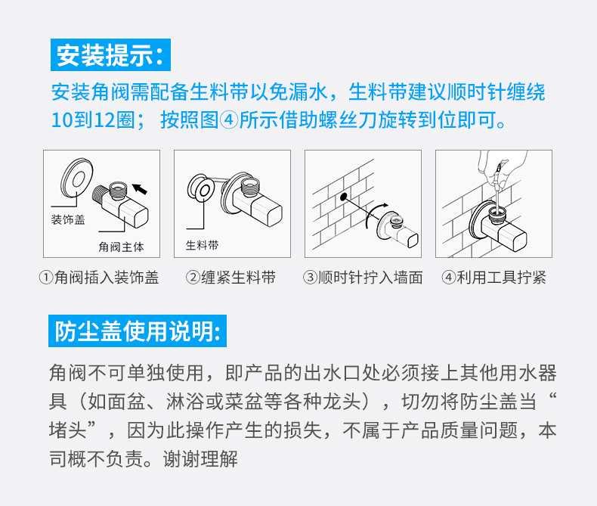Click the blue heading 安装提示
[110, 55]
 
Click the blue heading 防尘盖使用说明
[138, 331]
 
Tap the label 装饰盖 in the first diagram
[68, 220]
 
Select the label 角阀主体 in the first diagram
[121, 247]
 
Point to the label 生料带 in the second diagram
[203, 245]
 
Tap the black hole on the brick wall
[343, 197]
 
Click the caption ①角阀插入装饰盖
[99, 278]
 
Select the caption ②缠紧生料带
[230, 278]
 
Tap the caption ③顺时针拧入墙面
[363, 278]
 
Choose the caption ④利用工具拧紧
[493, 278]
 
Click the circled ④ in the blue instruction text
[229, 120]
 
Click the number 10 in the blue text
[62, 120]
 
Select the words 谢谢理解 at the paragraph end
[201, 459]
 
